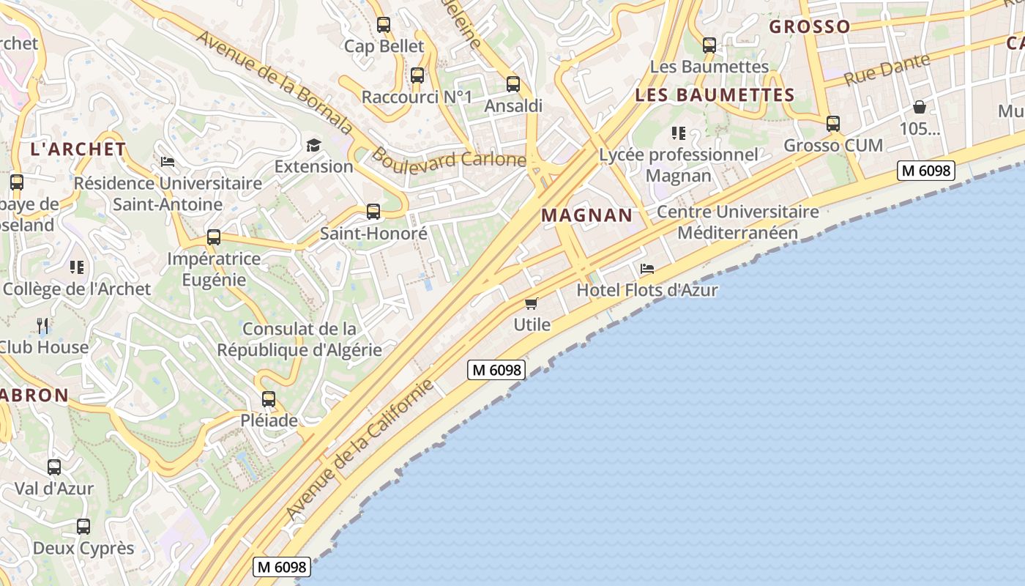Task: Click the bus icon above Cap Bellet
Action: tap(384, 25)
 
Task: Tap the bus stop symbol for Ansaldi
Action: tap(513, 84)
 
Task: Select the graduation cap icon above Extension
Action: tap(313, 145)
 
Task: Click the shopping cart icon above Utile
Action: tap(532, 303)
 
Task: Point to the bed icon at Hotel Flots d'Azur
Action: tap(646, 269)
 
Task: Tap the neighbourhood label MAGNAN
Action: tap(586, 215)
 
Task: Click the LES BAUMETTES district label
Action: tap(715, 95)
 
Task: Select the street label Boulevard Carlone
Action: tap(448, 158)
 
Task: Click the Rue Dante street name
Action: tap(887, 70)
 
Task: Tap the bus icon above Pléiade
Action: tap(269, 399)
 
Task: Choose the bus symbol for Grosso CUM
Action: tap(833, 124)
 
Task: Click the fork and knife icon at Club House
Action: tap(42, 325)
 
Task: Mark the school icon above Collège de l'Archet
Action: tap(77, 267)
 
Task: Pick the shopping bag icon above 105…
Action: tap(920, 108)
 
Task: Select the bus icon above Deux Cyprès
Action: tap(83, 527)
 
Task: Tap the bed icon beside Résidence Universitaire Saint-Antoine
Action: tap(168, 161)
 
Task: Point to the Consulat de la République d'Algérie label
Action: tap(299, 339)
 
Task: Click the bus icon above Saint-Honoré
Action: tap(373, 212)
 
